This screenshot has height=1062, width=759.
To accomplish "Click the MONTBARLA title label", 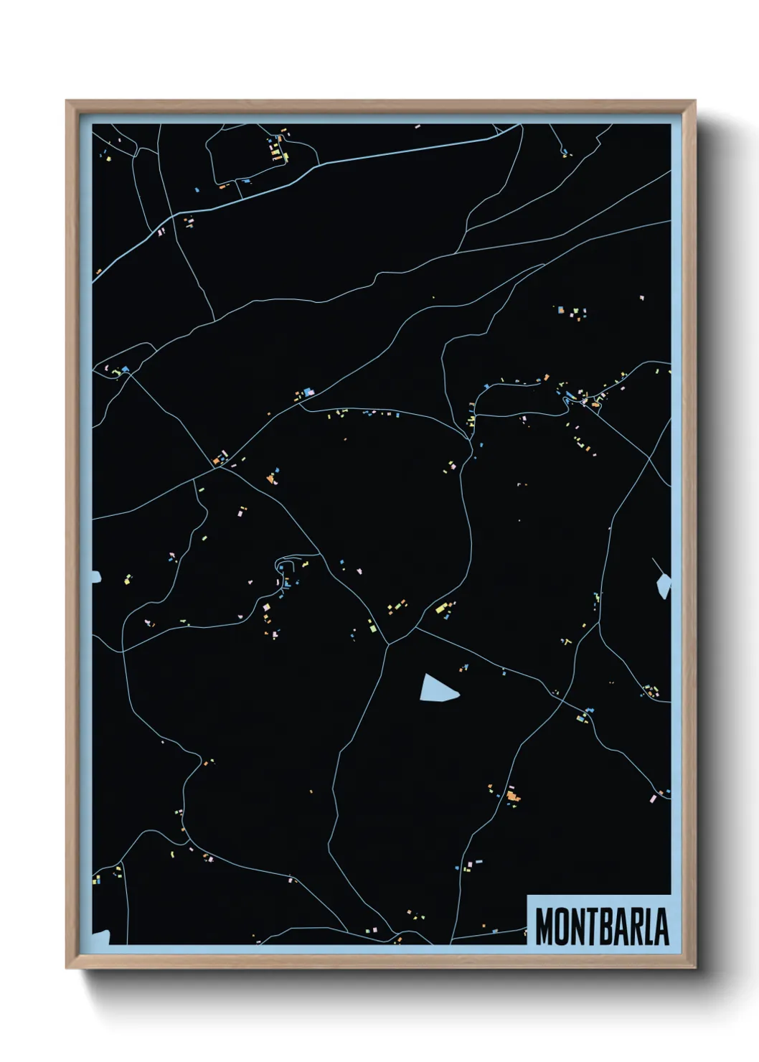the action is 601,926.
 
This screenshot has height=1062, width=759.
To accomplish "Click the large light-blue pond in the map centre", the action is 436,689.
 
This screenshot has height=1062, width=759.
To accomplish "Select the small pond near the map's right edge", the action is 664,586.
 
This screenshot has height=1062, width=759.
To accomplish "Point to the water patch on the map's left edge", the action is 96,575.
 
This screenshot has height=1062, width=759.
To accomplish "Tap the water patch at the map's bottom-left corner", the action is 100,937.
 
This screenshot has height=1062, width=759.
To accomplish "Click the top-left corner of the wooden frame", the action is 67,102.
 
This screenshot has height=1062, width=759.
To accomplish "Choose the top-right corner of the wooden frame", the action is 694,102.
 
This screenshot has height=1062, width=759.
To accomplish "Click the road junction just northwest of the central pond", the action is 389,643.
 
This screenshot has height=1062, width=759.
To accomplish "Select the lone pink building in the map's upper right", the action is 642,297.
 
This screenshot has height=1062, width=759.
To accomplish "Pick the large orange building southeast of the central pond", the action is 511,795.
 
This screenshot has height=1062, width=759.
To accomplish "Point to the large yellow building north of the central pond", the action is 440,608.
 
